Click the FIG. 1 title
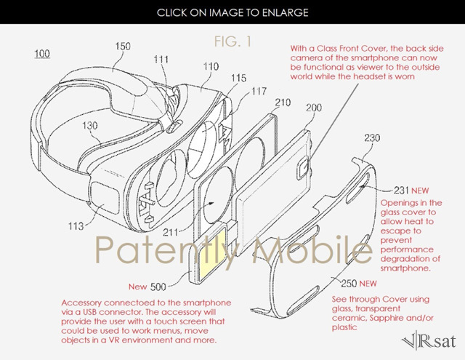click(x=232, y=41)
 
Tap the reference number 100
click(x=42, y=54)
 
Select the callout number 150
click(x=123, y=46)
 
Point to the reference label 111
click(x=161, y=60)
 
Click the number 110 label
click(x=211, y=66)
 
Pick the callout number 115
click(x=239, y=78)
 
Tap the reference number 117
click(x=259, y=91)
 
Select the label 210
click(x=283, y=103)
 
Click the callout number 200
click(x=314, y=107)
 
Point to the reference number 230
click(x=372, y=137)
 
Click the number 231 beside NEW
click(x=401, y=191)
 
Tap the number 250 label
click(x=349, y=284)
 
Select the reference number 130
click(x=90, y=126)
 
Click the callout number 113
click(x=76, y=226)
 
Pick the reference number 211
click(x=171, y=232)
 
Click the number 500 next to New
click(x=158, y=287)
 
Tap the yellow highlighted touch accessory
click(x=212, y=255)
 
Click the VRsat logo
click(x=429, y=341)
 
